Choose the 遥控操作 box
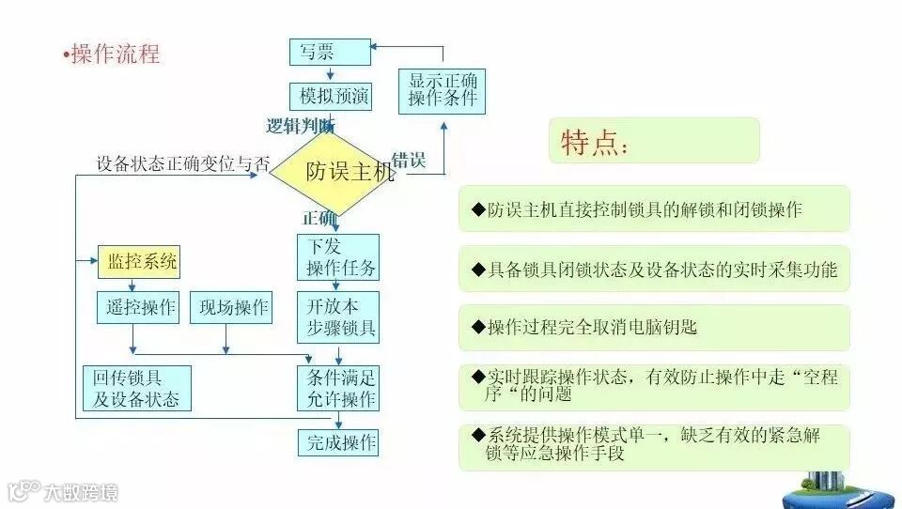(137, 308)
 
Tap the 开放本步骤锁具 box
(338, 317)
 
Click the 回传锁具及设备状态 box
(137, 389)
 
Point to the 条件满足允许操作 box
(338, 389)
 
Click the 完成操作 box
(338, 442)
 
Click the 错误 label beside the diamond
(408, 160)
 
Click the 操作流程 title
(115, 54)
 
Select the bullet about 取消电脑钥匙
(654, 328)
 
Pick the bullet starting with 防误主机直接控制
(654, 209)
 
